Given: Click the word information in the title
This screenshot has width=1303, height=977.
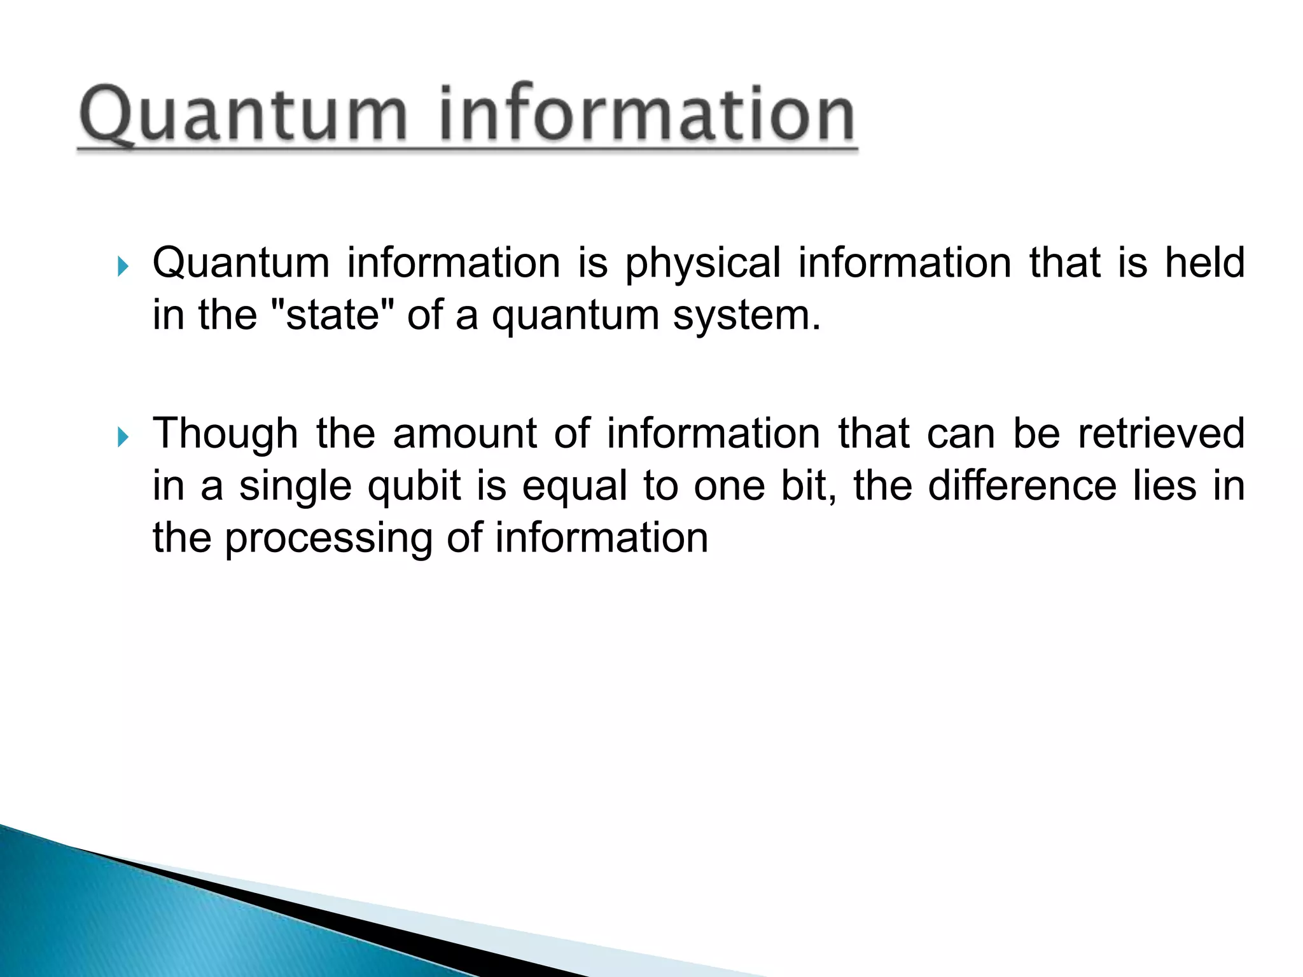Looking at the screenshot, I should coord(646,114).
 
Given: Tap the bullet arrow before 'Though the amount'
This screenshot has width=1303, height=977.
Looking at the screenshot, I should coord(123,438).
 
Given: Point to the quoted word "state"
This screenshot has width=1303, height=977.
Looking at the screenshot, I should coord(333,315).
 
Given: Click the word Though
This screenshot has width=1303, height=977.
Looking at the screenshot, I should coord(225,434).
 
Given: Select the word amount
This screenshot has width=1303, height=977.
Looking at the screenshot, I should coord(464,434).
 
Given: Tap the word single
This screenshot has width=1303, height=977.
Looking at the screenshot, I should coord(295,487).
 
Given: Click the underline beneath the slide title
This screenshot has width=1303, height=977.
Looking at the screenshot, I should coord(468,149).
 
